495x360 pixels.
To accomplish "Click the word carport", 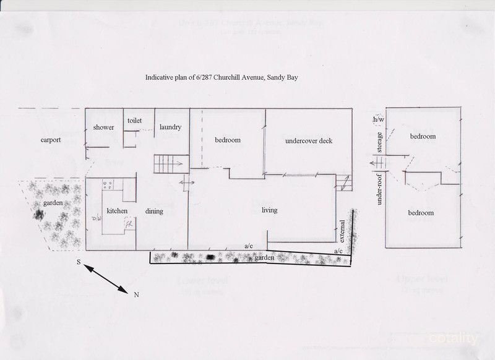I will tap(51, 140).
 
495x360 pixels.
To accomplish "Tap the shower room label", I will tap(103, 127).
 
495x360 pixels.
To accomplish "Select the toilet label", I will tap(136, 121).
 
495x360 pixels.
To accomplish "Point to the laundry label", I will tap(170, 127).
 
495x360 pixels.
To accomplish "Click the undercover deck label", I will tap(309, 140).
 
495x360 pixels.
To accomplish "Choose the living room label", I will tap(269, 210).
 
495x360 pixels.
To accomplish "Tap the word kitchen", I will tap(117, 211).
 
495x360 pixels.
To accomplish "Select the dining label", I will tap(154, 211).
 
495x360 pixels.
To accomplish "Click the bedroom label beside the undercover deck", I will tap(228, 140).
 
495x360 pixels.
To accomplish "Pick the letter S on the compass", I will tap(79, 262).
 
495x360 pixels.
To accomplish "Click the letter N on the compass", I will tap(136, 295).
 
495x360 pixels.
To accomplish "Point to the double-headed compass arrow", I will tap(106, 278).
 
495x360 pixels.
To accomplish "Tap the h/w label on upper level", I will tap(378, 119).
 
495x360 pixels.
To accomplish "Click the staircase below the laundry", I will tap(166, 164).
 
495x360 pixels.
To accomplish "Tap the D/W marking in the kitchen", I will tap(97, 218).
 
